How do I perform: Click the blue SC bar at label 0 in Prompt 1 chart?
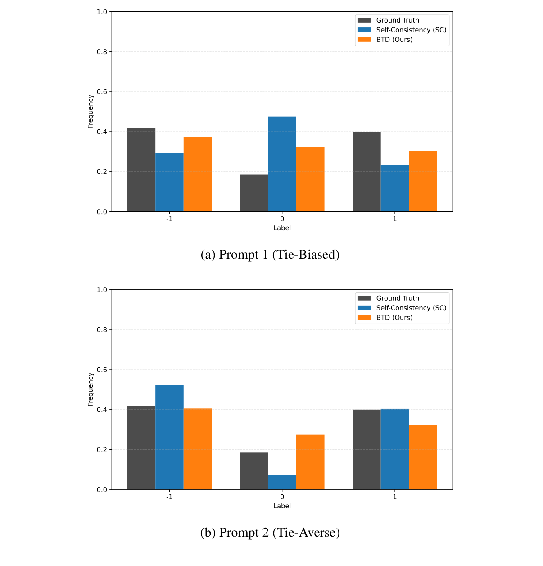282,164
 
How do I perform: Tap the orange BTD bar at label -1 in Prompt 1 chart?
197,174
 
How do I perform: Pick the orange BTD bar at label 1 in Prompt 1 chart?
423,181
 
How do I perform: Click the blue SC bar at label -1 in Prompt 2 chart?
169,437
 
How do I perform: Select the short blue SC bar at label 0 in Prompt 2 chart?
282,482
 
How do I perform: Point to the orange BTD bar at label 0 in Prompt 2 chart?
310,462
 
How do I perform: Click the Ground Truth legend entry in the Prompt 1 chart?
397,20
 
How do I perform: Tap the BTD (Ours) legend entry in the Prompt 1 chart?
394,40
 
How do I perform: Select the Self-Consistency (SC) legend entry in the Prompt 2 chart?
411,308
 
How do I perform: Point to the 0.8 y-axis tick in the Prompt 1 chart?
102,52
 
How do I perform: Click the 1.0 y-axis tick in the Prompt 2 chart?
102,290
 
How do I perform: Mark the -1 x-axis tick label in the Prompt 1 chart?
169,219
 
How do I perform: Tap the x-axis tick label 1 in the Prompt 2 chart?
395,497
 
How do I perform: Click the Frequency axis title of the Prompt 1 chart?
90,111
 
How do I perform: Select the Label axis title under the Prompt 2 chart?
282,506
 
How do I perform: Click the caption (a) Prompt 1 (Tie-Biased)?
270,255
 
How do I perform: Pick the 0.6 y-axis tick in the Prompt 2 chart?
102,370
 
